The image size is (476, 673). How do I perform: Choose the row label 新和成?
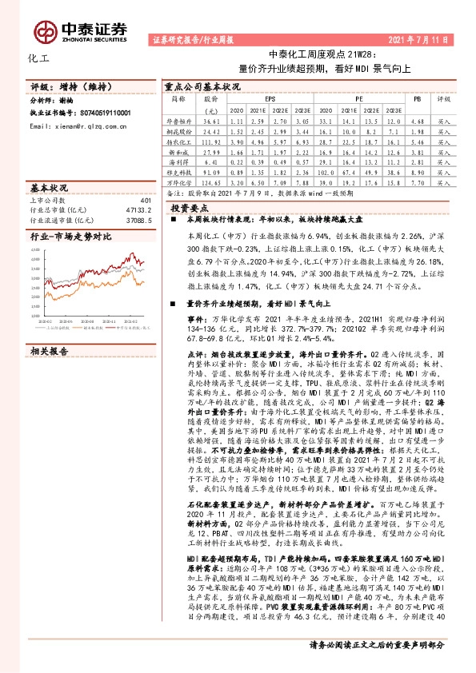178,149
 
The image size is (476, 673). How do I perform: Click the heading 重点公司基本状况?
202,83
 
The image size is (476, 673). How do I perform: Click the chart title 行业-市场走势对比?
70,237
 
